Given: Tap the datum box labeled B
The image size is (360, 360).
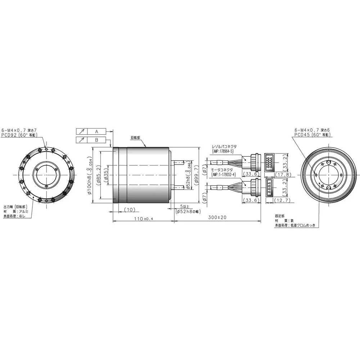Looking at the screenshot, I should pyautogui.click(x=96, y=140).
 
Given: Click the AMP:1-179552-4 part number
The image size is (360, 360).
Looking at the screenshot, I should pyautogui.click(x=224, y=174).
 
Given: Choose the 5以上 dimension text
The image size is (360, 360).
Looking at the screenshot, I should pyautogui.click(x=185, y=207).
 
